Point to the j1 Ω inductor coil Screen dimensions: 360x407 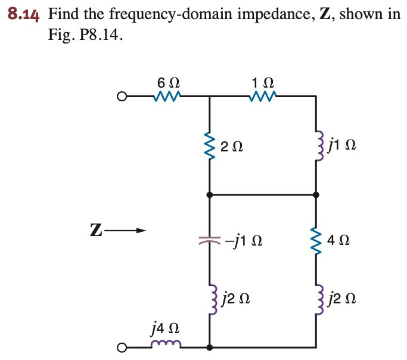pos(316,145)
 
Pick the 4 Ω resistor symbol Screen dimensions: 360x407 pos(316,241)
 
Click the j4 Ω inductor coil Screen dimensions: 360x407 pos(166,345)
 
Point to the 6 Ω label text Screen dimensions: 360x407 pos(167,81)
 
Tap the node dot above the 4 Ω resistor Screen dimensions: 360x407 pos(316,194)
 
